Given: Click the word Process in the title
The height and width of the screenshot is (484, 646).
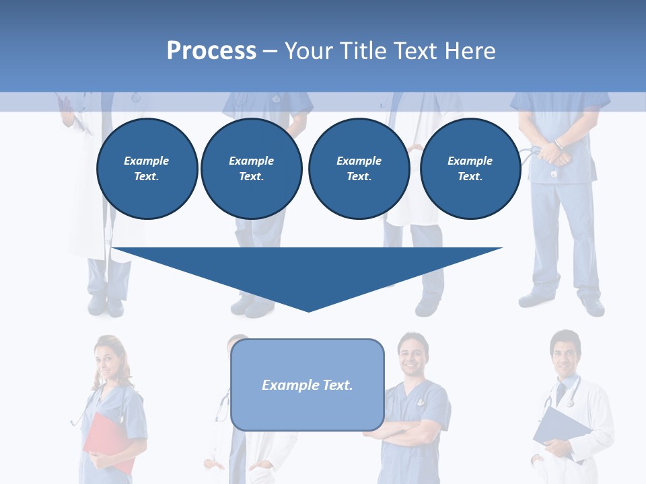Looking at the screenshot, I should (211, 50).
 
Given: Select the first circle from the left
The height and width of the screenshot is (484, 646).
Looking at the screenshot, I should (147, 169).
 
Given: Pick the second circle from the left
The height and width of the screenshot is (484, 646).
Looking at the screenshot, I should (251, 169).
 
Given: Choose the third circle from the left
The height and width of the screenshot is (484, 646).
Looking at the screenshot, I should (359, 169).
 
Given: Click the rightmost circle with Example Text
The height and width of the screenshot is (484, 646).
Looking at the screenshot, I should (470, 169).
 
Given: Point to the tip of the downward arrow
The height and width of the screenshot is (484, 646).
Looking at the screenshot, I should (308, 309).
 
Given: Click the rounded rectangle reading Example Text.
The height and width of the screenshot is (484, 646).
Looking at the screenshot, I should (307, 385).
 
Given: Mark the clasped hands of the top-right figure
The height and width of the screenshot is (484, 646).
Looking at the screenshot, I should (554, 153).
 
